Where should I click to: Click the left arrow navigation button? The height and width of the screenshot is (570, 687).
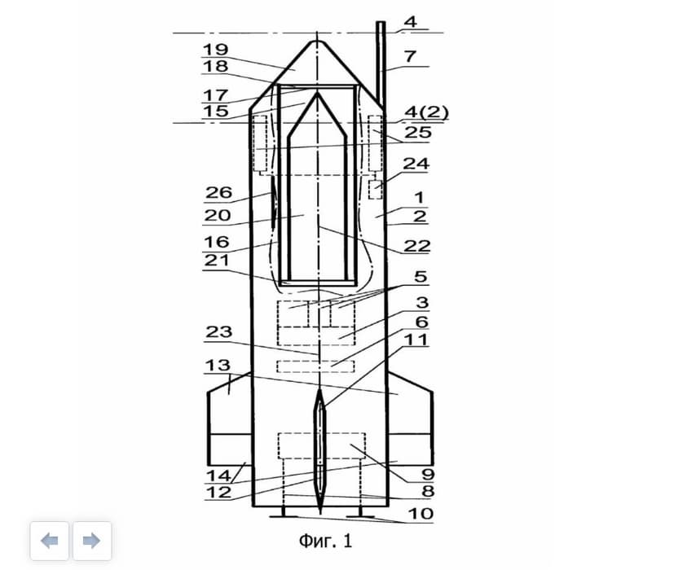50,541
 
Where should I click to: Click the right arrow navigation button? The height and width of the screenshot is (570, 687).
91,541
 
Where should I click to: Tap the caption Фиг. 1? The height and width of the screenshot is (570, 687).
325,541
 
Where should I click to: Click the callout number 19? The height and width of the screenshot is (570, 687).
215,50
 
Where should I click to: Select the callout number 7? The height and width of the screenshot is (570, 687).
411,57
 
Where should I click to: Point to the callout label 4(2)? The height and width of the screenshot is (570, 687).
426,112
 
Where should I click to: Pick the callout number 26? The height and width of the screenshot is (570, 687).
218,192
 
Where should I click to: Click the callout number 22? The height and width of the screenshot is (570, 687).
416,246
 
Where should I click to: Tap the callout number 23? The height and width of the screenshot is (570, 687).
218,331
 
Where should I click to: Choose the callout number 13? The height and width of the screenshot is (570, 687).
218,365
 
